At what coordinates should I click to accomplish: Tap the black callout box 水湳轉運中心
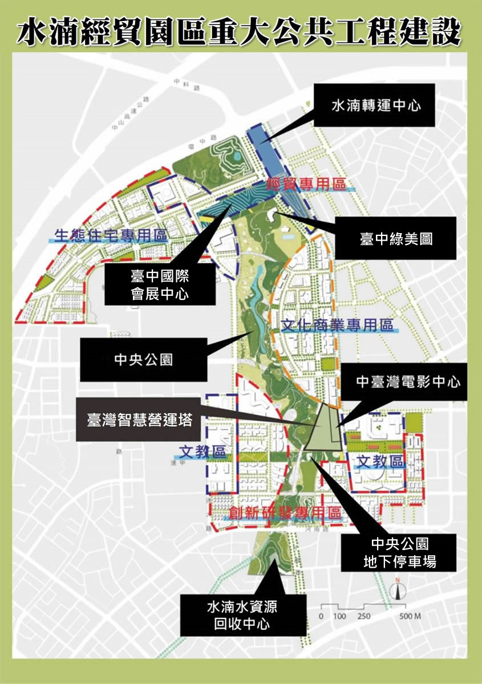tap(375, 105)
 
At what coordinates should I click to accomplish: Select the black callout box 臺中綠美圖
tap(396, 238)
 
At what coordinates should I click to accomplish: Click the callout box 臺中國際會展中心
tap(159, 285)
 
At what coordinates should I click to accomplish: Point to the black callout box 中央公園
tap(143, 360)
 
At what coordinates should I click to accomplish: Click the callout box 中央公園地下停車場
tap(399, 552)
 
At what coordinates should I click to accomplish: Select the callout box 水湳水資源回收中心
tap(241, 615)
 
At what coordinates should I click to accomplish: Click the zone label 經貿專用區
tap(307, 185)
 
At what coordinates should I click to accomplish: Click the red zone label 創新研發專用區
tap(285, 512)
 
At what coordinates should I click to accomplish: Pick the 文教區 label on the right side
tap(380, 461)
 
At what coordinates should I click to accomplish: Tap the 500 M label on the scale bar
tap(410, 616)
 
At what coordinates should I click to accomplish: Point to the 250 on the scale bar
tap(364, 616)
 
